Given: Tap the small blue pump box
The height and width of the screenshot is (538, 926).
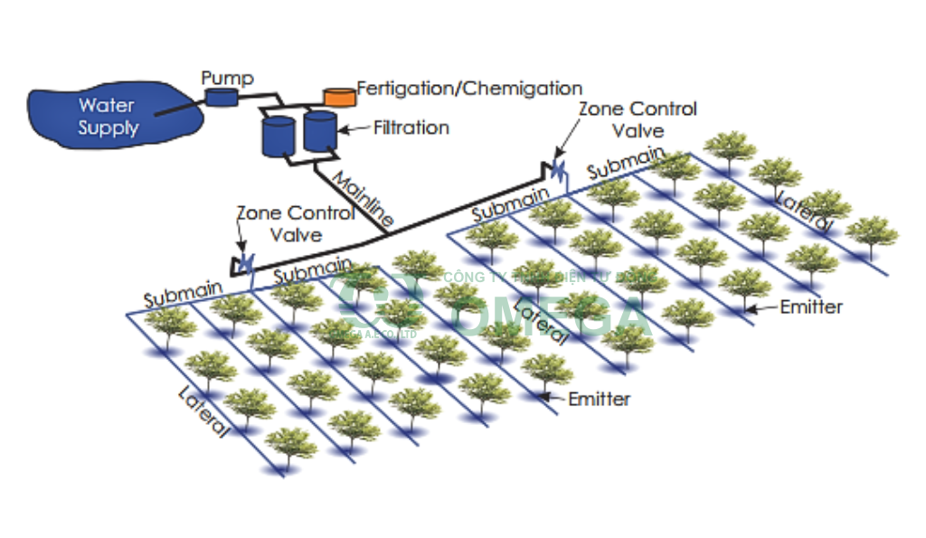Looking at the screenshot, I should click(x=220, y=96).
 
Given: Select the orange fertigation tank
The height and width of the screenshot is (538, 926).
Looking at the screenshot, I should click(x=340, y=95).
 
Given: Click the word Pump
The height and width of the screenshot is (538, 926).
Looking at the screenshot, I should click(x=228, y=78).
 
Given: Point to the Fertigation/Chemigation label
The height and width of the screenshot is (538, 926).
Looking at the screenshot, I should click(x=469, y=88).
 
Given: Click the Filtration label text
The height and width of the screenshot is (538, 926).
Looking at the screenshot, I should click(x=411, y=127).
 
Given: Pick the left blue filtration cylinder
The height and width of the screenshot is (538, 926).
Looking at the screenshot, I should click(x=278, y=135).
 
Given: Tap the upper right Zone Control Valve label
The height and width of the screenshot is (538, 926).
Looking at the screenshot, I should click(x=638, y=118).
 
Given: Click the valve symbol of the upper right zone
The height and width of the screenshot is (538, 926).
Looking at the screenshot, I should click(x=557, y=169).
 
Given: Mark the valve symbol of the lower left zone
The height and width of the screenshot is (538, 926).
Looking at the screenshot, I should click(x=245, y=262).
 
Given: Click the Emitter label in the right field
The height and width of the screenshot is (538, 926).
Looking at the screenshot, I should click(x=811, y=307).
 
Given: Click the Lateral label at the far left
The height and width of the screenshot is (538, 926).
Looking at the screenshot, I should click(x=204, y=412).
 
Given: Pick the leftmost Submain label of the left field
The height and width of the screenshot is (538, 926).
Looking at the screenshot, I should click(x=182, y=294).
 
